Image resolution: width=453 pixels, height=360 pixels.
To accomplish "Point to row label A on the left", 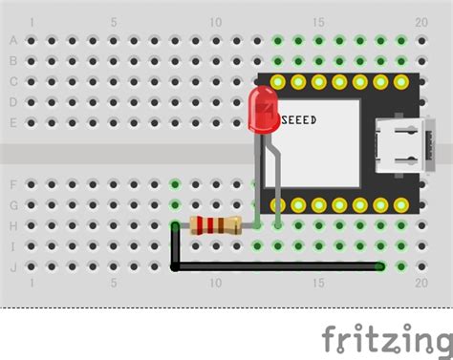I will coord(13,41).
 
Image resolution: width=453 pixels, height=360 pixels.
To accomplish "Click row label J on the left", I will coord(13,266).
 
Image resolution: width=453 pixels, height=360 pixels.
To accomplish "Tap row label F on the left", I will coord(13,184).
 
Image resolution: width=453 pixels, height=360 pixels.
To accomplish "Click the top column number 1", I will coord(32,22).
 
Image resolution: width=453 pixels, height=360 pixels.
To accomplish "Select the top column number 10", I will coord(216,22).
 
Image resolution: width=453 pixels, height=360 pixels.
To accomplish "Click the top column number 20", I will coord(421,22).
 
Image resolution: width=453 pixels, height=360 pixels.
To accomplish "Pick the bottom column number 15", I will coord(318,284).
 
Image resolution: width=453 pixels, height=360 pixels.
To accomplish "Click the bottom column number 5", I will coord(114,284).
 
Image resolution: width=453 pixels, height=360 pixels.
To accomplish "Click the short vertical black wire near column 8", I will coord(175,246).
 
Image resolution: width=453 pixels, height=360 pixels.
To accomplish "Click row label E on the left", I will coord(13,122).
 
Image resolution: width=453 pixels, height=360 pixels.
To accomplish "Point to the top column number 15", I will coord(318,22).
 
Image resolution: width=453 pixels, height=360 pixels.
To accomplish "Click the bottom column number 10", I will coord(216,284).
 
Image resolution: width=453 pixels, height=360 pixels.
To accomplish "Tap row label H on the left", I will coord(13,225).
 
